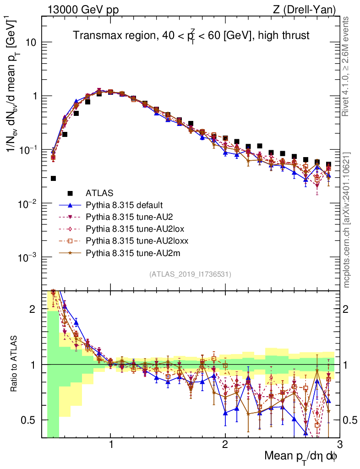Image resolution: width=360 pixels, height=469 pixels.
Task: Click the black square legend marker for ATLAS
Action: [x=70, y=193]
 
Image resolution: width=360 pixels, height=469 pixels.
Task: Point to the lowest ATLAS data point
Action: [x=53, y=178]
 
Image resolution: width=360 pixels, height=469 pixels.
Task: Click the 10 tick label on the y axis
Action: [x=30, y=42]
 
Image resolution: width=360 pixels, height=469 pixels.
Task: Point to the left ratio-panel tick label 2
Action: [x=33, y=309]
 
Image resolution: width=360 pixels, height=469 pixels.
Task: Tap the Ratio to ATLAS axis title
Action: [x=15, y=365]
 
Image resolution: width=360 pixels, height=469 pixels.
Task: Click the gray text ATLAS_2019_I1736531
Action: [x=190, y=274]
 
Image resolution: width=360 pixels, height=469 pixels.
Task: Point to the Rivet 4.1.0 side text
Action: [x=347, y=66]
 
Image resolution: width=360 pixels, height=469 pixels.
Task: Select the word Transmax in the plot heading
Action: [x=93, y=35]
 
